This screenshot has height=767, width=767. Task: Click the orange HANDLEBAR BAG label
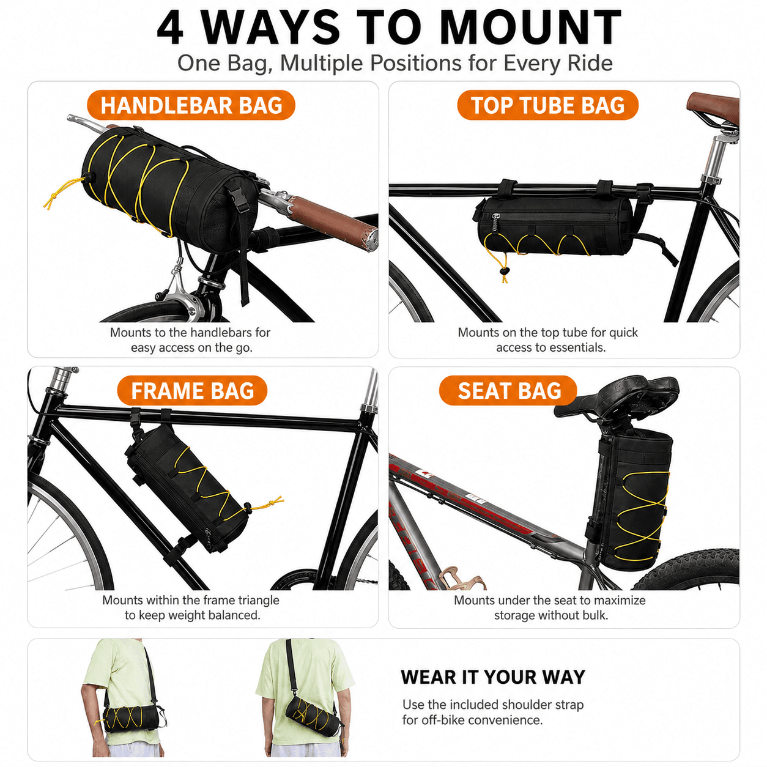pyautogui.click(x=191, y=105)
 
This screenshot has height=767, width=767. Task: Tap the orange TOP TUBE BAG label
pyautogui.click(x=547, y=105)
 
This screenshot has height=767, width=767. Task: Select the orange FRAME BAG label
pyautogui.click(x=192, y=390)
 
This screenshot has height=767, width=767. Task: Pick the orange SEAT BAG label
pyautogui.click(x=508, y=390)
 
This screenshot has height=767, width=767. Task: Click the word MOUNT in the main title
pyautogui.click(x=530, y=27)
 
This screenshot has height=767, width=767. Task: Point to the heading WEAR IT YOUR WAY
pyautogui.click(x=493, y=677)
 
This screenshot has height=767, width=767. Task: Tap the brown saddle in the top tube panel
pyautogui.click(x=713, y=106)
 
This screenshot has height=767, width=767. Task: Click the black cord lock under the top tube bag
pyautogui.click(x=505, y=271)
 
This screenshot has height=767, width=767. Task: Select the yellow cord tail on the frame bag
pyautogui.click(x=267, y=503)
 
